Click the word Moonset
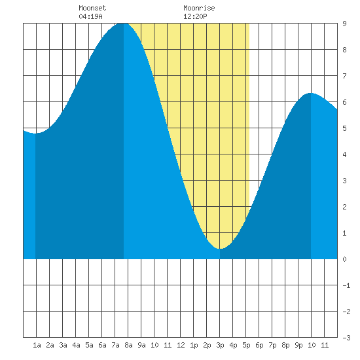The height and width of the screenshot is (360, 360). (92, 8)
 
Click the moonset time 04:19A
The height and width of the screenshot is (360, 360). (90, 16)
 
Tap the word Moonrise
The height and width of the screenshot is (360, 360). (199, 8)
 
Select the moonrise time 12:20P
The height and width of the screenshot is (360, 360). (195, 16)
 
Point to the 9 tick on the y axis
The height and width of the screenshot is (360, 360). (344, 24)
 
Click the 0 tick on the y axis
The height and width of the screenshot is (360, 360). (344, 259)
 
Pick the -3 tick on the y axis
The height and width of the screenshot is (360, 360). (346, 338)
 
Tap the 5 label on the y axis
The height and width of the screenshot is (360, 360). (344, 128)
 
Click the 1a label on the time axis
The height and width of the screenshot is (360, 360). (37, 345)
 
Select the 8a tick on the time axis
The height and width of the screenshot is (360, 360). (128, 345)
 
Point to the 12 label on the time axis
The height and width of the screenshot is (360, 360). (181, 345)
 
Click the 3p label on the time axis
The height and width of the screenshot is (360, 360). (220, 345)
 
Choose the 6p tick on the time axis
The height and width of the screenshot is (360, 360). (259, 345)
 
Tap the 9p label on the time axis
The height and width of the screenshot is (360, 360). (298, 345)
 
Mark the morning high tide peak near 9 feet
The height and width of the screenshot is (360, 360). (122, 24)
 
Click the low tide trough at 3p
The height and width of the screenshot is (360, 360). (220, 249)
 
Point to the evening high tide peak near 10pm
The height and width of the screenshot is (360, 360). (311, 93)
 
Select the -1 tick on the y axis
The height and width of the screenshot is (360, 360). (346, 285)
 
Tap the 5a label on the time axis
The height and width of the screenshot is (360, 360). (89, 345)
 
